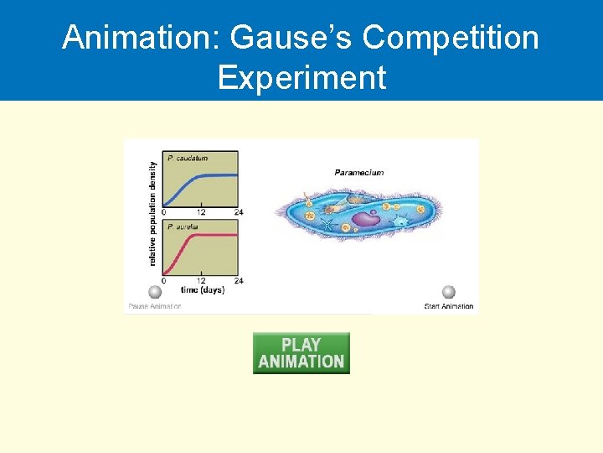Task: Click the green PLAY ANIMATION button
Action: coord(301,353)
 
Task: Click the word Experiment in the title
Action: coord(301,77)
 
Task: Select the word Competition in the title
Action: coord(451,38)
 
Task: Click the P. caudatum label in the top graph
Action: coord(188,158)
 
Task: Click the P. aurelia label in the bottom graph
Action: coord(185,227)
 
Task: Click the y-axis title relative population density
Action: coord(152,214)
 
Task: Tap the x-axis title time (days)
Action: coord(202,290)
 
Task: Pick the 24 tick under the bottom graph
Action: coord(239,281)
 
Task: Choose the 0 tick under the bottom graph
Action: coord(164,281)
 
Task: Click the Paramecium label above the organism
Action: coord(359,173)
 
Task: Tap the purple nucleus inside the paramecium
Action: coord(364,220)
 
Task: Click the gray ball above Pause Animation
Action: coord(155,292)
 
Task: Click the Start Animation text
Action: coord(449,306)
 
